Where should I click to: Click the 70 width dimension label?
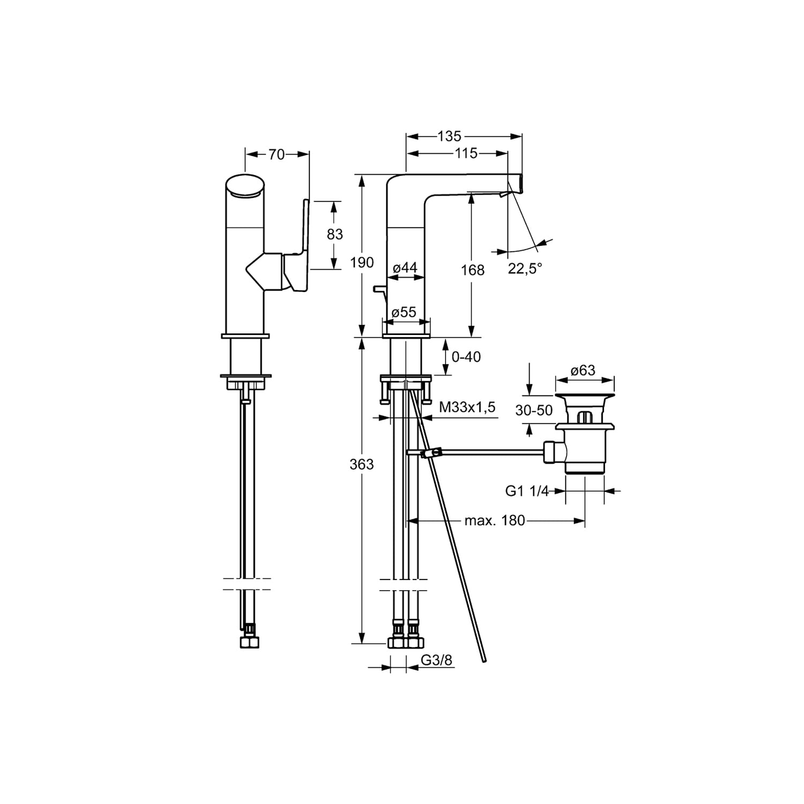277,154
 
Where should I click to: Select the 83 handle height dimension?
334,234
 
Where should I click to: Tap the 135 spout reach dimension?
449,136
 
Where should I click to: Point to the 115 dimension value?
466,153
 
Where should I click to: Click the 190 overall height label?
362,263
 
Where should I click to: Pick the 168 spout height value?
473,270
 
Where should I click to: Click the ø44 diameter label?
405,268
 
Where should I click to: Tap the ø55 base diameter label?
405,312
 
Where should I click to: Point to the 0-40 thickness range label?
466,356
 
